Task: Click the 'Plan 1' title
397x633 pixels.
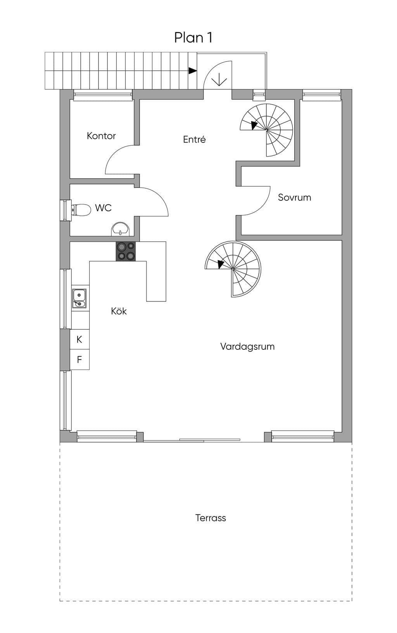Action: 193,38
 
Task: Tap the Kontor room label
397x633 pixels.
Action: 101,136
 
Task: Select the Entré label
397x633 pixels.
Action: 194,139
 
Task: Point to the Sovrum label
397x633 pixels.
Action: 294,197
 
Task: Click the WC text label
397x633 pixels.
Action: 103,208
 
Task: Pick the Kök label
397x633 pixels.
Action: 119,311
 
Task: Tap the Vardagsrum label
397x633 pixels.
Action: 247,346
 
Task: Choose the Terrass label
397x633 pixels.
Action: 211,518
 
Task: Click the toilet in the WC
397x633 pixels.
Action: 81,210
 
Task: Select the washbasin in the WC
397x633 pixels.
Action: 121,229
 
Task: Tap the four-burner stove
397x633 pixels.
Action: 126,251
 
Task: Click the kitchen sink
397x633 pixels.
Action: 79,298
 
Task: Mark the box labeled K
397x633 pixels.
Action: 79,339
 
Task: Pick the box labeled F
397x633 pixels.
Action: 79,360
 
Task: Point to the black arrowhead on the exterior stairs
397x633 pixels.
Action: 193,71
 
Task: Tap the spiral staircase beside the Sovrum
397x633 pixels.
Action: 266,130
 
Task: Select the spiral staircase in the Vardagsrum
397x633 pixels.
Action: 233,269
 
